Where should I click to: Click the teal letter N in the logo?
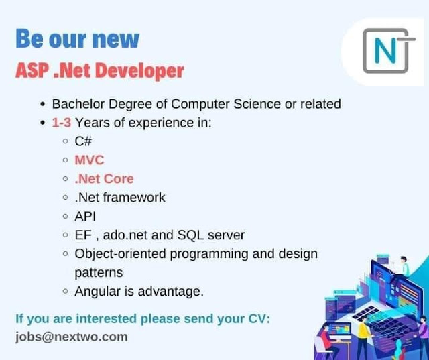tap(385, 50)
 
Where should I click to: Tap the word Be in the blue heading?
tap(29, 39)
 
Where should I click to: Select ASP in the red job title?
tap(32, 70)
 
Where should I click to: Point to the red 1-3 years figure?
tap(61, 123)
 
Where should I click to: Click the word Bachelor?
tap(78, 104)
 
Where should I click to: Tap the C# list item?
tap(83, 141)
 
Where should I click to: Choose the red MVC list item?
tap(89, 160)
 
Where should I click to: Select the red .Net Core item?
tap(105, 178)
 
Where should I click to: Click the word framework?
tap(134, 197)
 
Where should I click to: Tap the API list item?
tap(85, 216)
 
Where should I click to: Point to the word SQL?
tap(190, 235)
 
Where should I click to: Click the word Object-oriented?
tap(120, 254)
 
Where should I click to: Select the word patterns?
tap(99, 273)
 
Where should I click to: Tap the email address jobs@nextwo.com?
tap(72, 337)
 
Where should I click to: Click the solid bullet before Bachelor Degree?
tap(42, 105)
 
